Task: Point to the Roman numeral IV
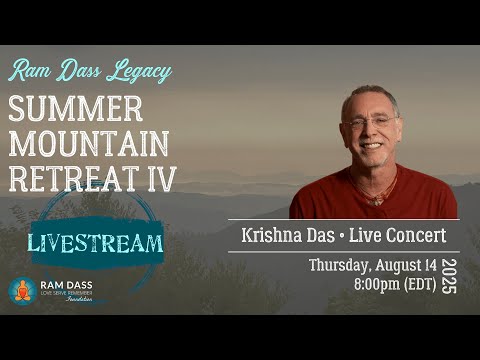[x=159, y=180]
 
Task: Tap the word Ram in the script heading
[x=30, y=73]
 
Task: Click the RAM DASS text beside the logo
[x=65, y=287]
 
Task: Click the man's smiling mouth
[x=369, y=147]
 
